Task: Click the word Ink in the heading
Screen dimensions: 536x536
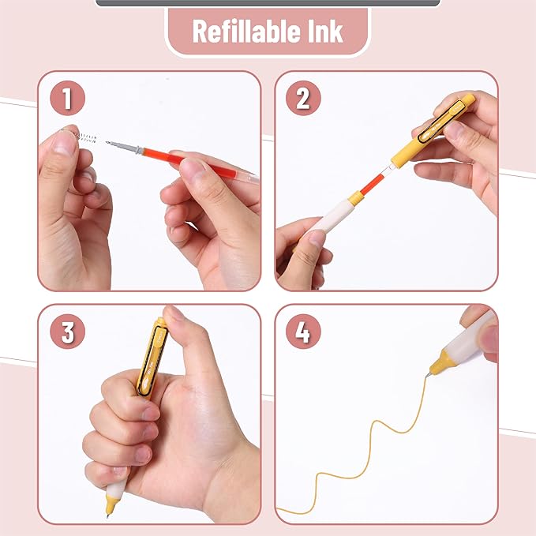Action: pyautogui.click(x=324, y=32)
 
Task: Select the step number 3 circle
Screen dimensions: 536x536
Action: pyautogui.click(x=66, y=332)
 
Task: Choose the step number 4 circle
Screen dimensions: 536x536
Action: pyautogui.click(x=303, y=332)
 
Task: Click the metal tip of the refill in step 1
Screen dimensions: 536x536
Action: pyautogui.click(x=118, y=145)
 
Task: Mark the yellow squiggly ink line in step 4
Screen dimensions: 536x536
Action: pyautogui.click(x=371, y=442)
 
